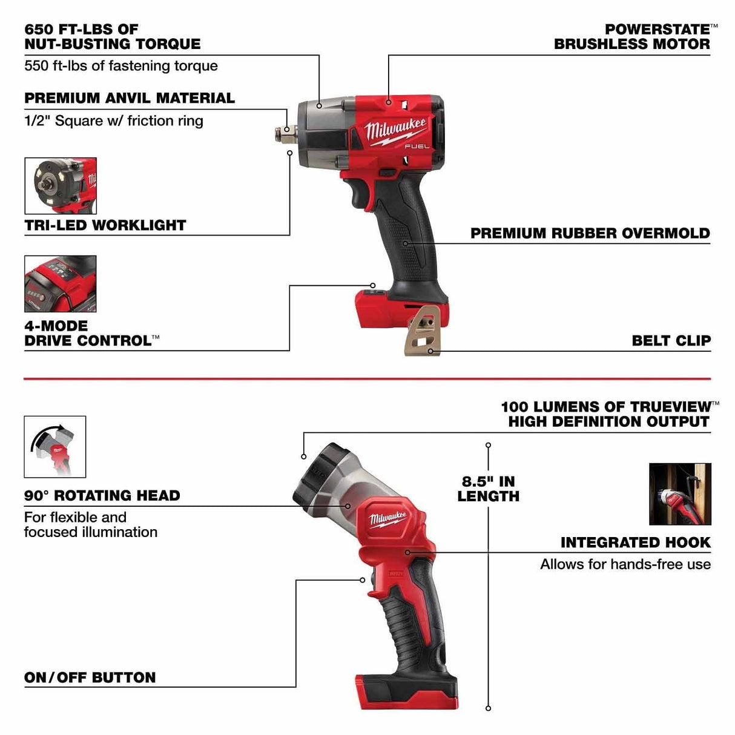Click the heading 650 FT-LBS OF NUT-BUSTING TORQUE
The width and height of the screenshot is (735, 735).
(112, 36)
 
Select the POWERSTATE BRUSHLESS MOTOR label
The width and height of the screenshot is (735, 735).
(631, 36)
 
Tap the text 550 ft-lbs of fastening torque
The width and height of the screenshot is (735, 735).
(120, 65)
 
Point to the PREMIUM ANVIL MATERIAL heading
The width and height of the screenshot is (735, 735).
(129, 98)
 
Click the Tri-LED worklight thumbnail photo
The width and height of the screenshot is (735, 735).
(60, 186)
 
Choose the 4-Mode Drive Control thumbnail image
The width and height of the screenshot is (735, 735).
(60, 283)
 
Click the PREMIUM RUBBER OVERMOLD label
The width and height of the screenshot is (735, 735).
(590, 233)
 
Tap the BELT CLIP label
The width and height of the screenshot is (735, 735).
(671, 340)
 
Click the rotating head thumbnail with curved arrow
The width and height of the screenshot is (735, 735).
(54, 446)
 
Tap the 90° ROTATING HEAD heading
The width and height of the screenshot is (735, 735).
(102, 495)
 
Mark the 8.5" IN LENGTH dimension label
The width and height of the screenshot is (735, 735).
(488, 489)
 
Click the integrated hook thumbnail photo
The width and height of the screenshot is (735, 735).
(679, 494)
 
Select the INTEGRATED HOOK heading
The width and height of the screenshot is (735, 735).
(635, 542)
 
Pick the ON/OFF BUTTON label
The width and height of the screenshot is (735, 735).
(90, 677)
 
